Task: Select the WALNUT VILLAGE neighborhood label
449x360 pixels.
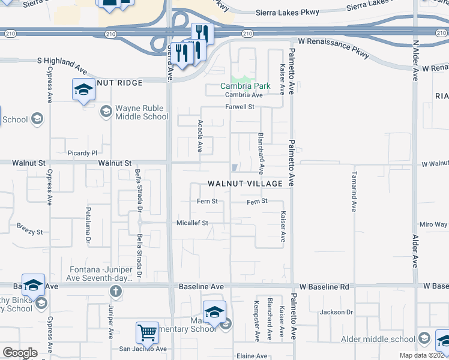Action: [x=246, y=183]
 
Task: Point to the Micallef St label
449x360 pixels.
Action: [x=192, y=223]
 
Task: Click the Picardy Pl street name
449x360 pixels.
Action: [x=82, y=153]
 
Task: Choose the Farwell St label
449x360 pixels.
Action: [x=240, y=107]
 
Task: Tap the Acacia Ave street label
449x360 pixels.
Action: [x=200, y=135]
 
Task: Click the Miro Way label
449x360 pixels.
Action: [x=433, y=224]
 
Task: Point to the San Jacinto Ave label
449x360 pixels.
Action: [x=142, y=348]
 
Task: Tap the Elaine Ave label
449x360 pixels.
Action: [x=252, y=356]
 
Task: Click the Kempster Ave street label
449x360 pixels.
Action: [x=256, y=320]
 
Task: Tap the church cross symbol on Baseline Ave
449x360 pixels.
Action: [x=116, y=292]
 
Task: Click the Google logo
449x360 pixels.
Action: [x=20, y=353]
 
